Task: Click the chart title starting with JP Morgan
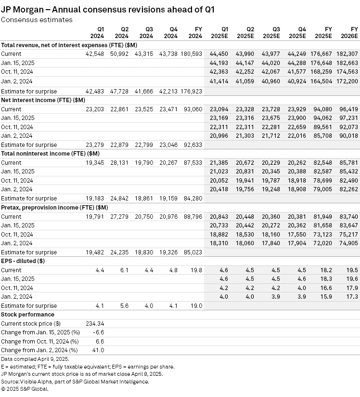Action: [x=108, y=9]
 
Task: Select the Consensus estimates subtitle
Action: [x=37, y=20]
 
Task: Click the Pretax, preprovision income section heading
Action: [x=54, y=207]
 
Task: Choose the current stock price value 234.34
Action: [x=95, y=323]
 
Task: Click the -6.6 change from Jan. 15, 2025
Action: [x=98, y=332]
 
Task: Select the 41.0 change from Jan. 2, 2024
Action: [x=98, y=350]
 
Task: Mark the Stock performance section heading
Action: [x=27, y=315]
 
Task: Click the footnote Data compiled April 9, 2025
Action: [x=35, y=359]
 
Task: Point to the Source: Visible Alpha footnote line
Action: [x=75, y=381]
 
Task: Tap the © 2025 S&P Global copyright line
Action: [x=25, y=388]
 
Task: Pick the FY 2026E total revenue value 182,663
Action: [x=347, y=63]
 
